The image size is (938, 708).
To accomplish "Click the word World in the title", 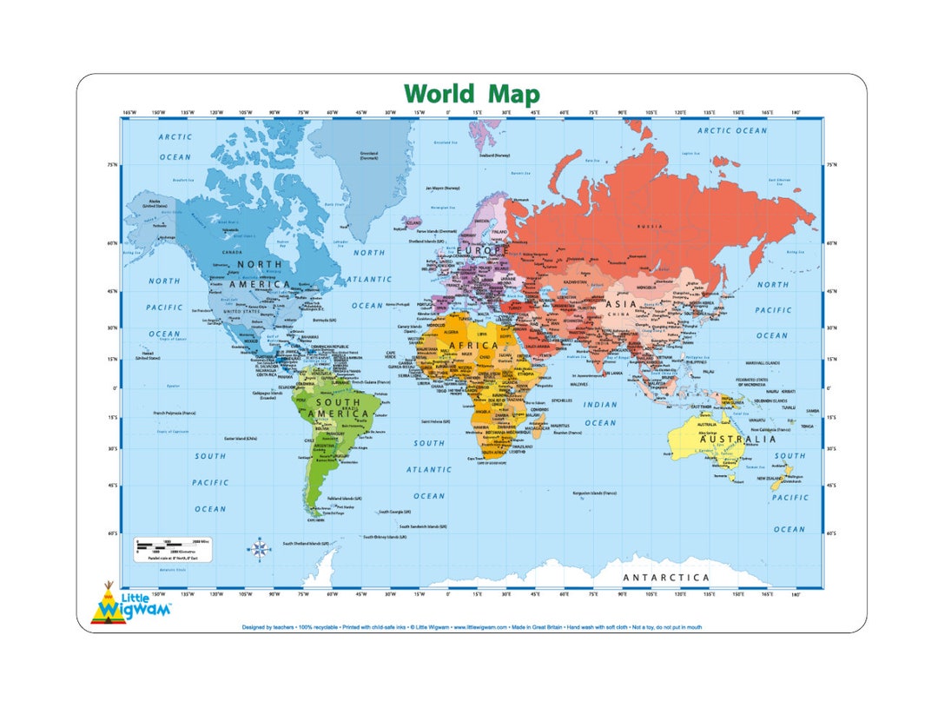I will coord(439,94).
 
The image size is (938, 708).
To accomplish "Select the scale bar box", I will coord(172,549).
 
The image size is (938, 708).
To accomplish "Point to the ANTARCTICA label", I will coord(666,578).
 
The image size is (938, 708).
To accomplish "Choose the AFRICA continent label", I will coord(474,346).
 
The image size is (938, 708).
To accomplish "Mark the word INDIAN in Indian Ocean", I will coord(600,405).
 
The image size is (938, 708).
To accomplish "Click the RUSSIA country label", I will coord(651,226).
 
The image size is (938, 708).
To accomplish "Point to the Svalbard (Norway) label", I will coord(494,155).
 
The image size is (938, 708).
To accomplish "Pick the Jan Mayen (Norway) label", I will coord(441,188).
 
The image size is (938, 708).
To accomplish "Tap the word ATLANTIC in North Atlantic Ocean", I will coord(370,280).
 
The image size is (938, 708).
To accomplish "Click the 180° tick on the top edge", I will coord(795,112).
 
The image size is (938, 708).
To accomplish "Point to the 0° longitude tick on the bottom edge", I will coord(448,594).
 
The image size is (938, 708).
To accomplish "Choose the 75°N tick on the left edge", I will coord(113,164).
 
